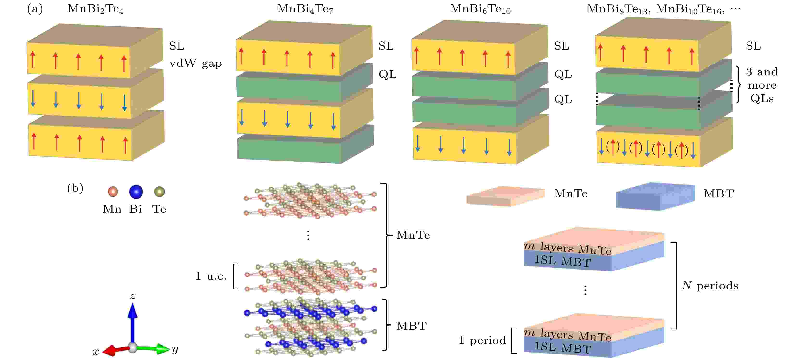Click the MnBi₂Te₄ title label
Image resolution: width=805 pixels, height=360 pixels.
pyautogui.click(x=95, y=9)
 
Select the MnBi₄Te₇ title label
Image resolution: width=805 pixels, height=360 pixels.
pyautogui.click(x=305, y=9)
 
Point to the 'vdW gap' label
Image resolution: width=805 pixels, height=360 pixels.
pyautogui.click(x=196, y=64)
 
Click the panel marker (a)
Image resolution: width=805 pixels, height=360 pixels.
pyautogui.click(x=35, y=9)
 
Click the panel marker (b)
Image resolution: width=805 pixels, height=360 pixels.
pyautogui.click(x=75, y=188)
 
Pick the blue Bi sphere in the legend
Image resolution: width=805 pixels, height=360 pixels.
pyautogui.click(x=136, y=192)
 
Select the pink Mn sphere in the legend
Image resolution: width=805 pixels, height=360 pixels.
pyautogui.click(x=113, y=192)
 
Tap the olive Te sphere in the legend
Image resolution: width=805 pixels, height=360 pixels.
pyautogui.click(x=159, y=192)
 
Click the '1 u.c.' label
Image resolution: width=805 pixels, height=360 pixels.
pyautogui.click(x=211, y=276)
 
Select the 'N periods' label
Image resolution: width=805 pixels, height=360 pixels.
pyautogui.click(x=710, y=286)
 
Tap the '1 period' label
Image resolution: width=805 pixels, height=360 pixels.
pyautogui.click(x=482, y=340)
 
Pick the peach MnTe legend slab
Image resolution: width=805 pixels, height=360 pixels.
pyautogui.click(x=505, y=196)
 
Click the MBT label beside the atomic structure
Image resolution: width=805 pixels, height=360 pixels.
pyautogui.click(x=411, y=326)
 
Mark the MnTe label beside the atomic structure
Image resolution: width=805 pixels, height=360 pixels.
pyautogui.click(x=413, y=235)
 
